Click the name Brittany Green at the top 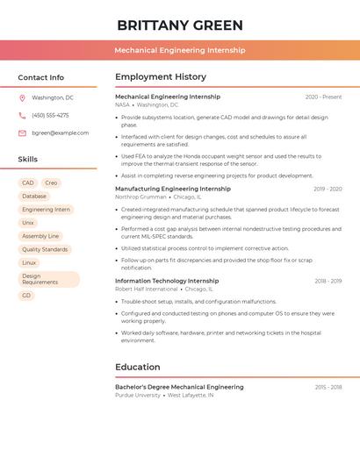(180, 25)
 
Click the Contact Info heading (40, 77)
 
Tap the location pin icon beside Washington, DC (22, 97)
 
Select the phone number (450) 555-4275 (50, 115)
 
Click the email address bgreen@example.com (60, 132)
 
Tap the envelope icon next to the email (22, 132)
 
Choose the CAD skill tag (28, 182)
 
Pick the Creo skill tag (51, 182)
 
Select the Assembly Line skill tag (40, 236)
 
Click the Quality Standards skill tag (45, 249)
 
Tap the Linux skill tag (29, 262)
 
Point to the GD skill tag (26, 296)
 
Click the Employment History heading (161, 77)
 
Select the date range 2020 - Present (323, 97)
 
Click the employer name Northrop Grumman (140, 197)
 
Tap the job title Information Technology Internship (167, 281)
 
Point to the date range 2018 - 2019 (328, 281)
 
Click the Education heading (137, 367)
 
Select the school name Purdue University (138, 395)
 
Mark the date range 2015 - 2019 (328, 387)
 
